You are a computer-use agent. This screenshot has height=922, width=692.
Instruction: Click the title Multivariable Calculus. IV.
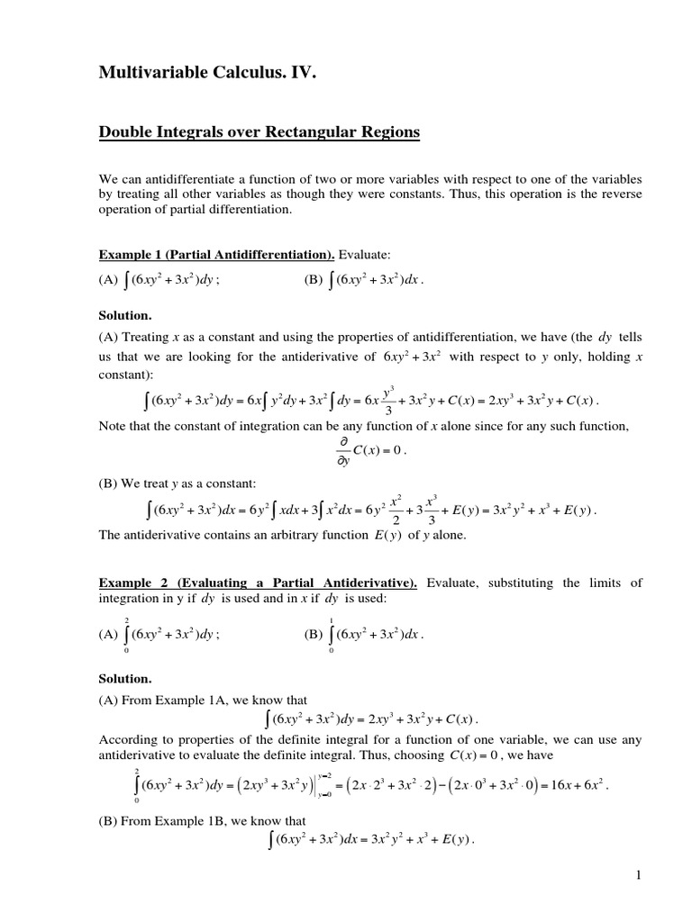click(x=208, y=76)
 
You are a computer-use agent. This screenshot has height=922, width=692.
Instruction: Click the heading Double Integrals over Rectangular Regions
click(x=259, y=132)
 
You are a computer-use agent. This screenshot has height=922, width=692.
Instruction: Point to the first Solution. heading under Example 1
click(x=124, y=316)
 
